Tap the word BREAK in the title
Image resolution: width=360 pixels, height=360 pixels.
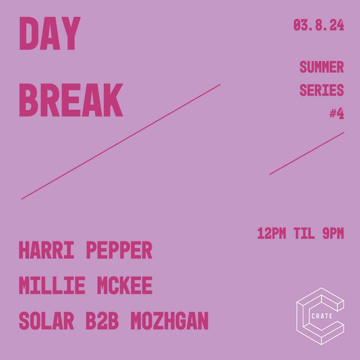pos(71,100)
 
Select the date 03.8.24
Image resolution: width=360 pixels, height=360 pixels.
pos(318,25)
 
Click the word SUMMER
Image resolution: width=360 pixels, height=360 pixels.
pos(321,67)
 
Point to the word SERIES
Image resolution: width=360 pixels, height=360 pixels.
pos(321,90)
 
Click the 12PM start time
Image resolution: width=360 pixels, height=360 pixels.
pos(271,234)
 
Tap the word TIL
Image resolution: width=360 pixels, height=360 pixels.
pos(304,234)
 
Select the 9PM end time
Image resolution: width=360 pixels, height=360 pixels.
pos(333,234)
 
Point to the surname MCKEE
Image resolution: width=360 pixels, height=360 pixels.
pos(124,286)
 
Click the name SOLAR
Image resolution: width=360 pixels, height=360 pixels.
pos(46,321)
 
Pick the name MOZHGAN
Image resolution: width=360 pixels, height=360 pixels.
pos(169,321)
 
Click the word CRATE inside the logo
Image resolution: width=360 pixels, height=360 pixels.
pos(322,316)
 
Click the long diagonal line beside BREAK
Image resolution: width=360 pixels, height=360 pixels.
pos(121,142)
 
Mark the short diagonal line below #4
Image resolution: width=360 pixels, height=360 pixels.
pos(307,153)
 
